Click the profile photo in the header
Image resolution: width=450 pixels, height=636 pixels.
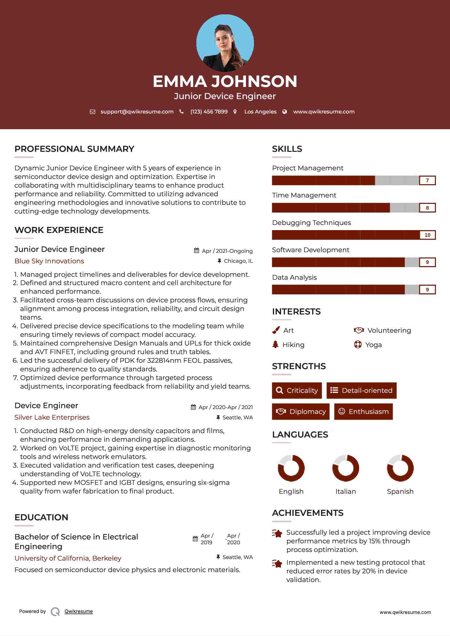coord(225,43)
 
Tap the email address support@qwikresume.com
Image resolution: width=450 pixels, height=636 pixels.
coord(137,112)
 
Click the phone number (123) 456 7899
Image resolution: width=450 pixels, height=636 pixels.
coord(209,112)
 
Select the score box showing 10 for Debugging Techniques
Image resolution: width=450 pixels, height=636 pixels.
coord(427,235)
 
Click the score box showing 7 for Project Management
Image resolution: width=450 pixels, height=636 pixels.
coord(427,180)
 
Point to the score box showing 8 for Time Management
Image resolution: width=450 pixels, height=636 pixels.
coord(427,208)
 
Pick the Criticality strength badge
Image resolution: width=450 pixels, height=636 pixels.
coord(297,390)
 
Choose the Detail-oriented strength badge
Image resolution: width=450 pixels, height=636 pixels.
coord(361,390)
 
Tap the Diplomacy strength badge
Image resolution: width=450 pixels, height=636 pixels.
coord(301,411)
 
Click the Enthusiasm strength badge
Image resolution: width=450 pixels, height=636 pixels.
coord(363,411)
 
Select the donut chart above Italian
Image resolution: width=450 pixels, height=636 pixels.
coord(345,468)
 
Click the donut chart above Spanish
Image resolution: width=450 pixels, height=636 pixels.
coord(400,468)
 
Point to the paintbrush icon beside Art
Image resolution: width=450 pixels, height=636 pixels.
coord(276,330)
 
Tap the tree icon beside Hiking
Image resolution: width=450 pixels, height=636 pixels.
coord(275,345)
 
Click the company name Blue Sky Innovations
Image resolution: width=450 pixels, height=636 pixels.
coord(49,261)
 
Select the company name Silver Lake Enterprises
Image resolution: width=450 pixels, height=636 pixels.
coord(52,417)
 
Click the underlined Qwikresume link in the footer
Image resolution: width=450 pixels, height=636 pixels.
coord(79,611)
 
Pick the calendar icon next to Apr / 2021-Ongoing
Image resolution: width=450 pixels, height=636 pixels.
coord(196,251)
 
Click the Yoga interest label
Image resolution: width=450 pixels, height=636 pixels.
coord(374,345)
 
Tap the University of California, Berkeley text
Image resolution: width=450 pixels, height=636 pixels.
coord(68,558)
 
